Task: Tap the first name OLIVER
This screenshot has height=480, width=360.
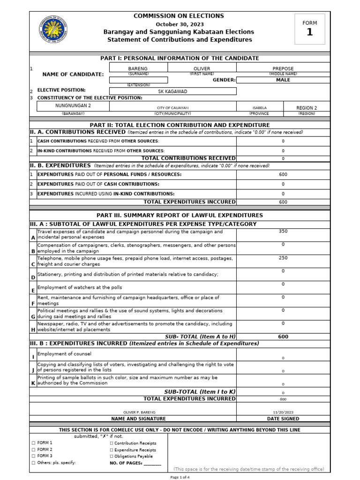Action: tap(202, 68)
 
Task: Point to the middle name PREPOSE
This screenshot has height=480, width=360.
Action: tap(283, 68)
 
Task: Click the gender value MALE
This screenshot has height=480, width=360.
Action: tap(283, 80)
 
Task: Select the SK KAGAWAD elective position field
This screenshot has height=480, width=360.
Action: tap(172, 91)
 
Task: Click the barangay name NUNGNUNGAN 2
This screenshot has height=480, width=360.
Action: tap(73, 106)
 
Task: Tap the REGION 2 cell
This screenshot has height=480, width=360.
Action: tap(307, 108)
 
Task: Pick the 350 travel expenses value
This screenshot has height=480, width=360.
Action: tap(283, 231)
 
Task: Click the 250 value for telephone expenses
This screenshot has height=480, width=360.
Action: tap(283, 258)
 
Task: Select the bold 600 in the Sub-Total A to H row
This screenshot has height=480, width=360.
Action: tap(283, 337)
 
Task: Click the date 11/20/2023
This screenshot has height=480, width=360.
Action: tap(283, 412)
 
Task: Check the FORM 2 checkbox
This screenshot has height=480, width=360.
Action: tap(33, 450)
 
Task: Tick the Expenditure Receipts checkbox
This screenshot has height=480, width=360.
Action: tap(112, 450)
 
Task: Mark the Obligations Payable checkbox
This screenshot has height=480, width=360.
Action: tap(112, 456)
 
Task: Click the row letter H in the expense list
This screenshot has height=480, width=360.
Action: tap(33, 330)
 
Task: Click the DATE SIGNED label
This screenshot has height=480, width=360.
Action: tap(283, 419)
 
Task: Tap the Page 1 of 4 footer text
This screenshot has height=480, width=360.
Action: tap(180, 477)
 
